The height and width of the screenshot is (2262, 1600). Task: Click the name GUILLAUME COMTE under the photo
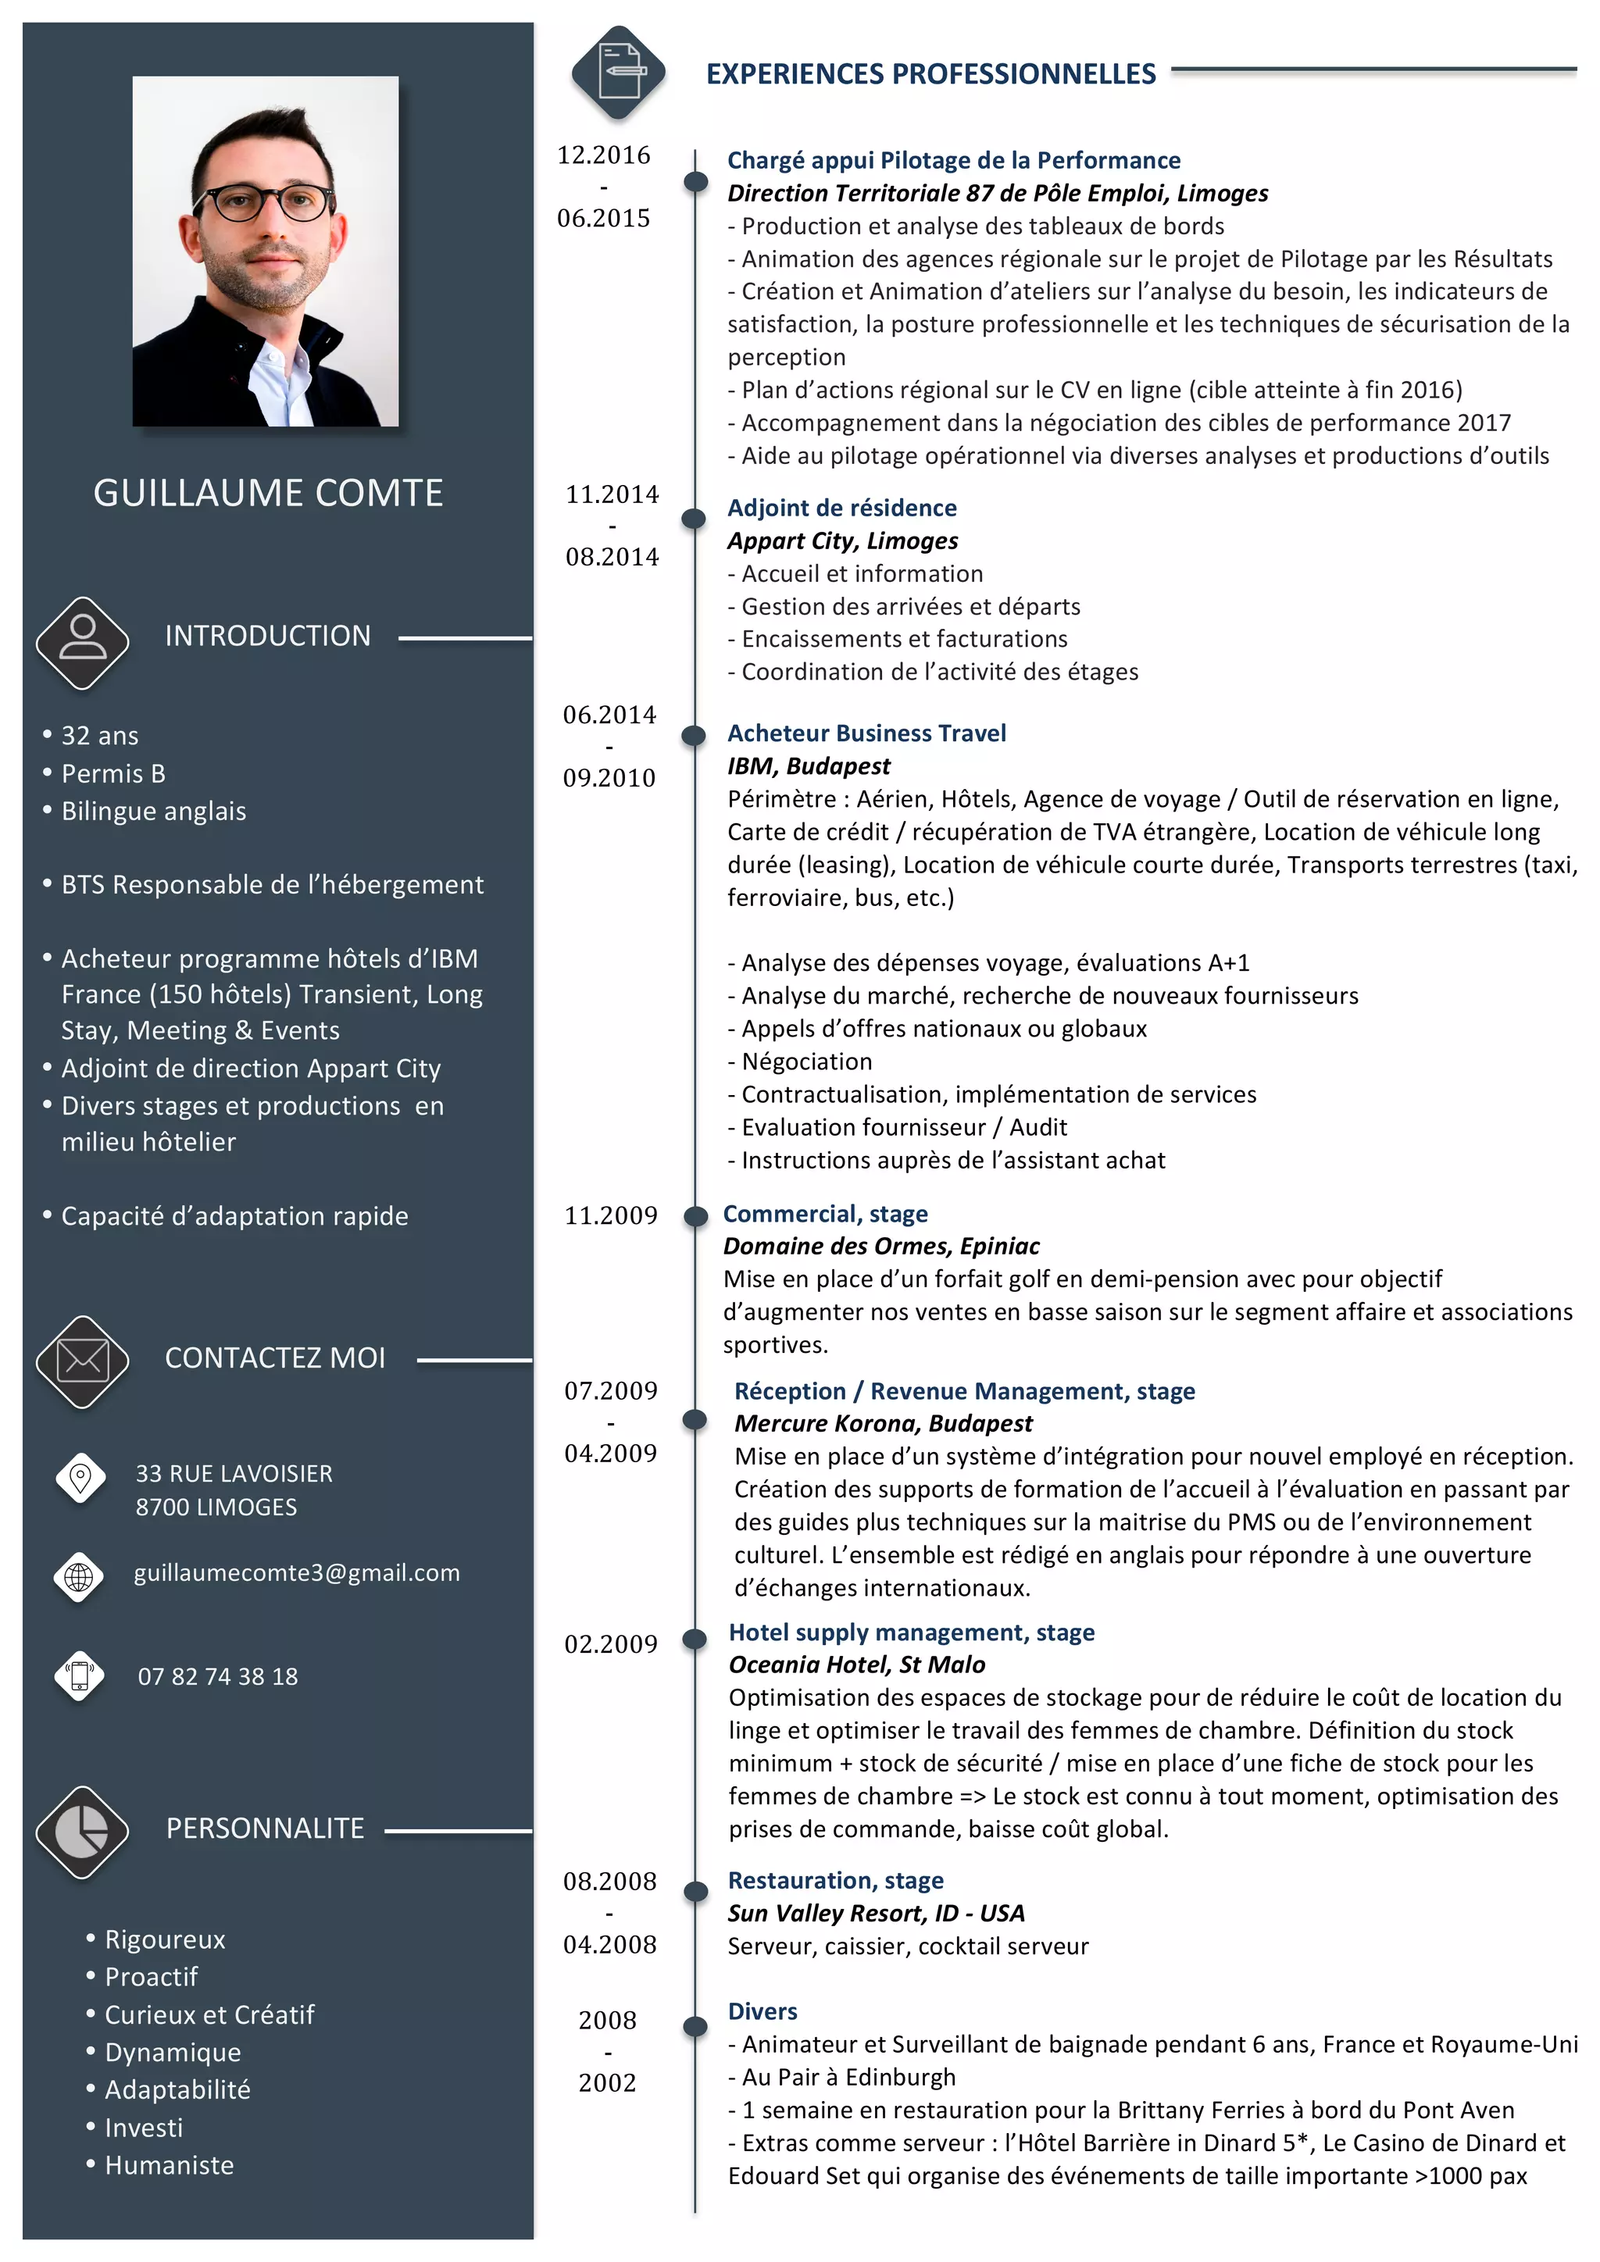click(x=268, y=493)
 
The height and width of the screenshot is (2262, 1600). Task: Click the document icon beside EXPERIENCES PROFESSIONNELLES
click(x=619, y=72)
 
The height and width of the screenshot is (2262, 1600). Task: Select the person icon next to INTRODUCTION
click(x=83, y=641)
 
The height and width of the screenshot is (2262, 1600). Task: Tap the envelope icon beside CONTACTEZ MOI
click(x=83, y=1361)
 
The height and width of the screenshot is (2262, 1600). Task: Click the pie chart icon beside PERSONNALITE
click(x=83, y=1832)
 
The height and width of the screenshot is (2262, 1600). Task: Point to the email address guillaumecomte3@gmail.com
click(x=297, y=1572)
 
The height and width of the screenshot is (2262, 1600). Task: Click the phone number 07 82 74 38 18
click(x=218, y=1676)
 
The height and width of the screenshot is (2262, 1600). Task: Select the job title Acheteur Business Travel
click(x=866, y=733)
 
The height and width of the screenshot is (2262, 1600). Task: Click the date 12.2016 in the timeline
click(x=603, y=155)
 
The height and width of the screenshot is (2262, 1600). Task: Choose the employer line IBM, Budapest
click(x=808, y=765)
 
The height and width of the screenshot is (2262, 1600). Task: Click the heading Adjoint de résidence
click(x=841, y=508)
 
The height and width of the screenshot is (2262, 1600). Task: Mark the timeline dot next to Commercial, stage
click(x=695, y=1215)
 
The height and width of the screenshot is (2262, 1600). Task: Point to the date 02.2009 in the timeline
click(x=610, y=1643)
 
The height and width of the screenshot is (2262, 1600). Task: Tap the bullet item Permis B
click(x=113, y=773)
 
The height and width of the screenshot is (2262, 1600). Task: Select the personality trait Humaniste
click(x=170, y=2164)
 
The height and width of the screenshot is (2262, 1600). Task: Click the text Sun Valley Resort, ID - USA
click(x=876, y=1912)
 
